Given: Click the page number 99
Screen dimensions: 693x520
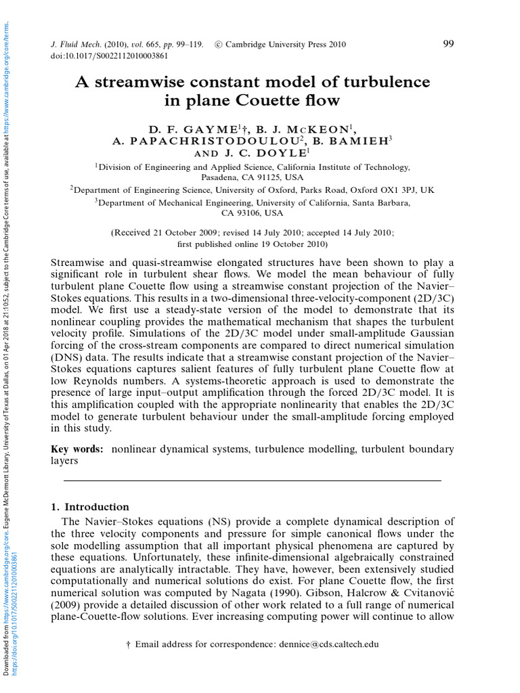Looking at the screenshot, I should [x=448, y=44].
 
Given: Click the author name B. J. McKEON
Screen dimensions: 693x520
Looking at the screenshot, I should [x=307, y=129].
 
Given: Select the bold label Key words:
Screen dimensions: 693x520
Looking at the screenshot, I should [x=77, y=449].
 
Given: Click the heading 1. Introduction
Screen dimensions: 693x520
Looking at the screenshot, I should [x=89, y=507].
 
